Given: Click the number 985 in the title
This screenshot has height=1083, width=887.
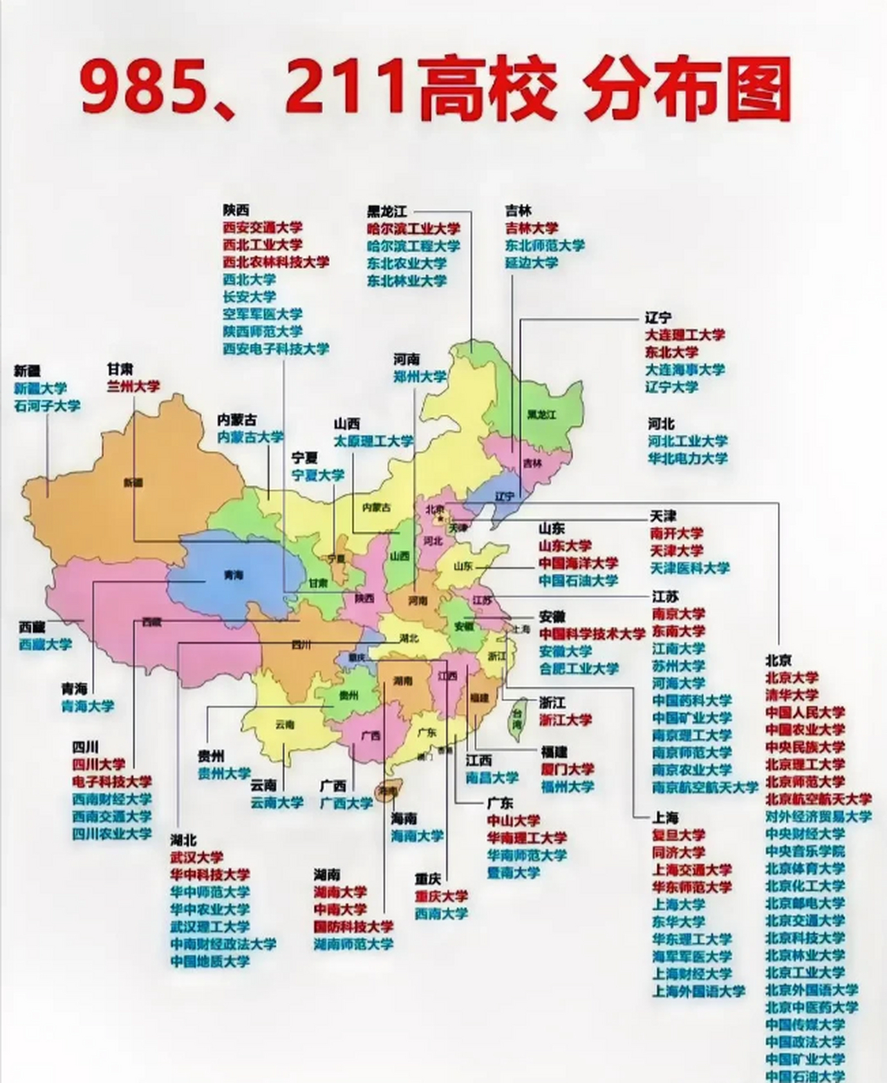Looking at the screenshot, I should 144,91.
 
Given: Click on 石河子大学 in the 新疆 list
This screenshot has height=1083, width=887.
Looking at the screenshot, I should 47,406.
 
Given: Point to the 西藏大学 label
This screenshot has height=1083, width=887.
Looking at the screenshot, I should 46,645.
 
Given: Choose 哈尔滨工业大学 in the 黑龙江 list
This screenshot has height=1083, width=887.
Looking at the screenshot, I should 413,228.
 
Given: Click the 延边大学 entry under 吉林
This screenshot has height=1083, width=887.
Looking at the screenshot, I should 532,263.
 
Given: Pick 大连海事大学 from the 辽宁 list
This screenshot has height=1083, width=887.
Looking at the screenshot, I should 685,370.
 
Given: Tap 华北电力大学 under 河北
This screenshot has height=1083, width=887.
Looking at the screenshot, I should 687,459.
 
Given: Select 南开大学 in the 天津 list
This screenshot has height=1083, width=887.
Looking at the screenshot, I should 676,534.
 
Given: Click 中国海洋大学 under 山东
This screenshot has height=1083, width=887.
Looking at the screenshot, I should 578,563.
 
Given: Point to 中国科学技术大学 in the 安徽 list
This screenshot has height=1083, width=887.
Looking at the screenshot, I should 592,634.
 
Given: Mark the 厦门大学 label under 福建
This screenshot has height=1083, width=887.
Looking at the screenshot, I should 566,769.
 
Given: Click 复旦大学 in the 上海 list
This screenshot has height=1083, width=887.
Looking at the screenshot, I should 678,836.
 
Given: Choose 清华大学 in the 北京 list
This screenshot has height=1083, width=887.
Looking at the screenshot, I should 791,695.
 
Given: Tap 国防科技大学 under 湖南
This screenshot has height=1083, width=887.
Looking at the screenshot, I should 353,926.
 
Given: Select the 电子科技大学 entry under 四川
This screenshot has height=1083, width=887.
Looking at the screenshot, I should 112,782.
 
